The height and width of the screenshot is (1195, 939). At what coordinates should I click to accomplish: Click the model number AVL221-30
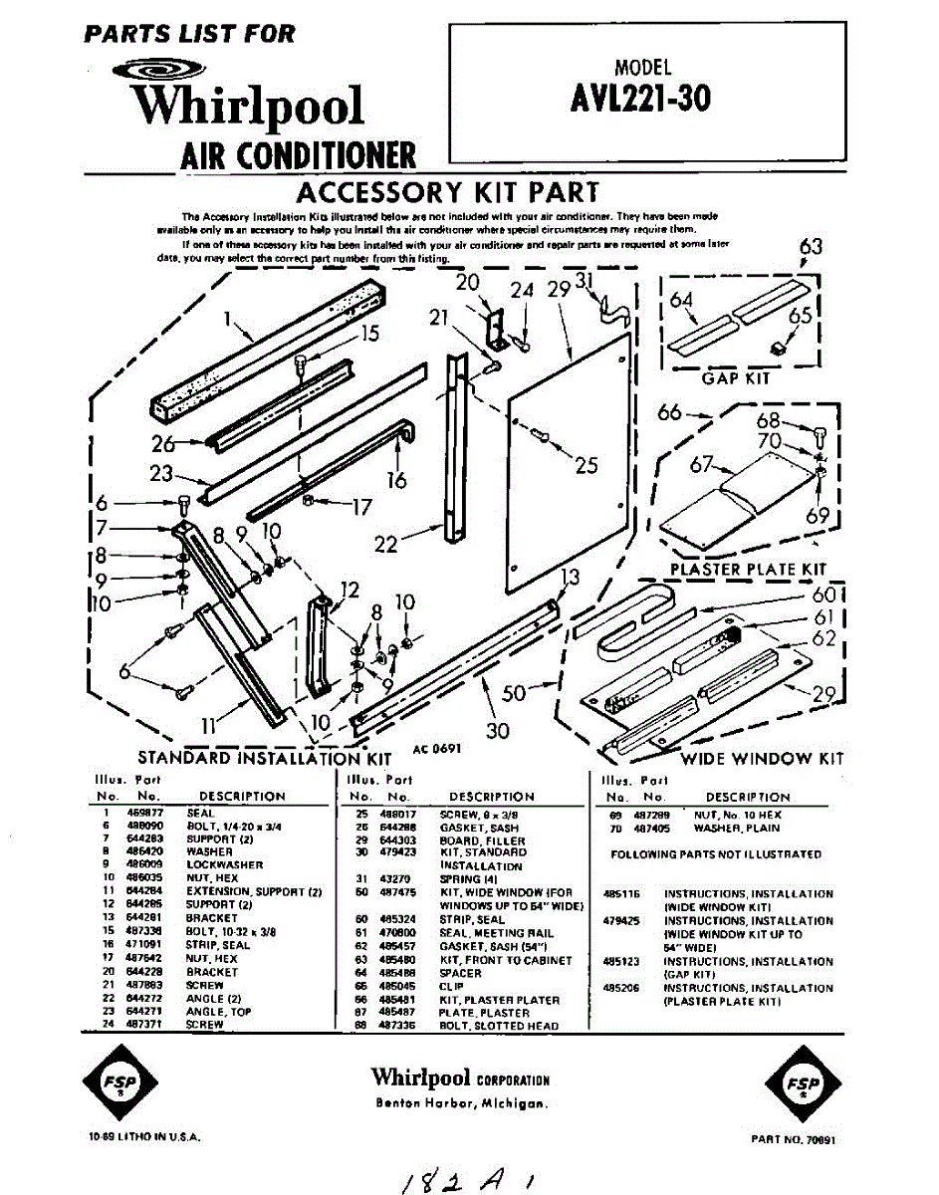pos(642,99)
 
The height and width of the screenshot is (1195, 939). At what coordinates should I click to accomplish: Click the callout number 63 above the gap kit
pos(812,247)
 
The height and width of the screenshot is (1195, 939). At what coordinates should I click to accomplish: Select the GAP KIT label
pos(735,378)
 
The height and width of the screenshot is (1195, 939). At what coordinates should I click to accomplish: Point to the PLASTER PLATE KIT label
pos(748,570)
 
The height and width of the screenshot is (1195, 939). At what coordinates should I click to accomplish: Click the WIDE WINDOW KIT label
pos(762,759)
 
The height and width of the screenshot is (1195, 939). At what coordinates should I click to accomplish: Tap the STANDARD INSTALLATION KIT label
pos(251,759)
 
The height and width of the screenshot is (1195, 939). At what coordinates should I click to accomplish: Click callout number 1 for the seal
pos(228,320)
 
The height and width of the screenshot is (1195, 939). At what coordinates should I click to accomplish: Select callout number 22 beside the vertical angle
pos(386,544)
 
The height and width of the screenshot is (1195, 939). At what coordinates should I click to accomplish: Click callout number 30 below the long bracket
pos(498,730)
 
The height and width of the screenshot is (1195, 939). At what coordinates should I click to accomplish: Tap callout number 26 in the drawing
pos(163,443)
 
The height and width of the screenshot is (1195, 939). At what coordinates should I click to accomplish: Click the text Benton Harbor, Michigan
pos(461,1103)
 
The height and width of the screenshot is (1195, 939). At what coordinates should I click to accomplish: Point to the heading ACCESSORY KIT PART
pos(448,191)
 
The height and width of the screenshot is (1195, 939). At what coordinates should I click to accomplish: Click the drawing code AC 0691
pos(435,750)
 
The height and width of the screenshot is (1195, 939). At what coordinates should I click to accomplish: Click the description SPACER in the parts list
pos(460,973)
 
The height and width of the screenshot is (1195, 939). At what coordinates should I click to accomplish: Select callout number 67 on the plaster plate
pos(702,463)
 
